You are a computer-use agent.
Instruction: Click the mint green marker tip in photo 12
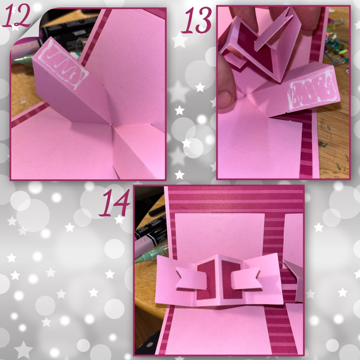(20, 60)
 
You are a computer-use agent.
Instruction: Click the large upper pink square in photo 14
(220, 237)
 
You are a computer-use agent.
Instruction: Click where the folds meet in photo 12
(111, 125)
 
